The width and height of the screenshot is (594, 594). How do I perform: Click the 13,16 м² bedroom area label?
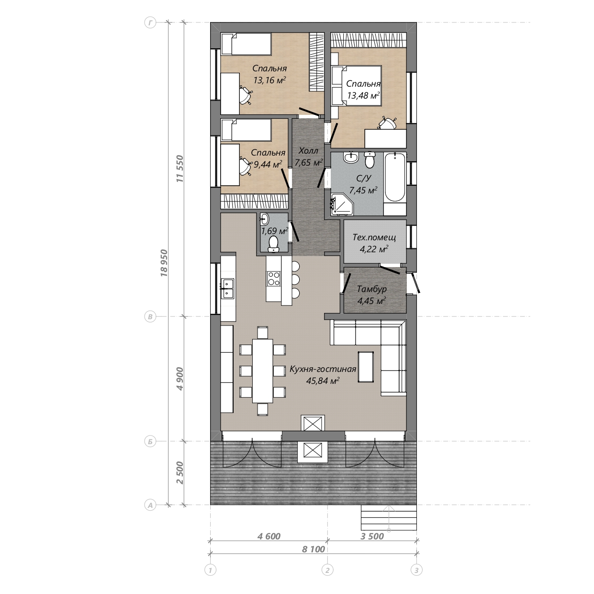click(269, 80)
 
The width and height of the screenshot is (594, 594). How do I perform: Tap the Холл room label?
click(308, 151)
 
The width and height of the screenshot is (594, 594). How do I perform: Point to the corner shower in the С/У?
click(342, 204)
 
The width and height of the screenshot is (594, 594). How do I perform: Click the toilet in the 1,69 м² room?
click(273, 245)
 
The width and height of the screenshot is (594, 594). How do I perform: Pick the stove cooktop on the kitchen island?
click(273, 279)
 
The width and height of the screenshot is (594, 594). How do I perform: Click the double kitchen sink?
click(227, 289)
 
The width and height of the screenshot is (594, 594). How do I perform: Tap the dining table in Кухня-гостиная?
click(262, 371)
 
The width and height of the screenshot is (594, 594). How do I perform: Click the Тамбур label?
click(372, 289)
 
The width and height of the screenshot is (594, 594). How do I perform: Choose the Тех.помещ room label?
click(374, 237)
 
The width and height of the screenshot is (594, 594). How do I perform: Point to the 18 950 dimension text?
click(164, 263)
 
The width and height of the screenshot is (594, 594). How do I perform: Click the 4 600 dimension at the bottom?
click(269, 537)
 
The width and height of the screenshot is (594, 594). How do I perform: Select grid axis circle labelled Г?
click(150, 23)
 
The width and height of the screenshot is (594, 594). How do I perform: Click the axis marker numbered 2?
click(327, 570)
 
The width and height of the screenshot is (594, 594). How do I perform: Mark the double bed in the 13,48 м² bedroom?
click(357, 86)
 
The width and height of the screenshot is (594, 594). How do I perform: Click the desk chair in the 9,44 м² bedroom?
click(246, 167)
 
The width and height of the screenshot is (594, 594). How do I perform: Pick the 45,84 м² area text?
click(323, 381)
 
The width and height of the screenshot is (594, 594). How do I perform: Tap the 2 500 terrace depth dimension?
click(180, 473)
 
